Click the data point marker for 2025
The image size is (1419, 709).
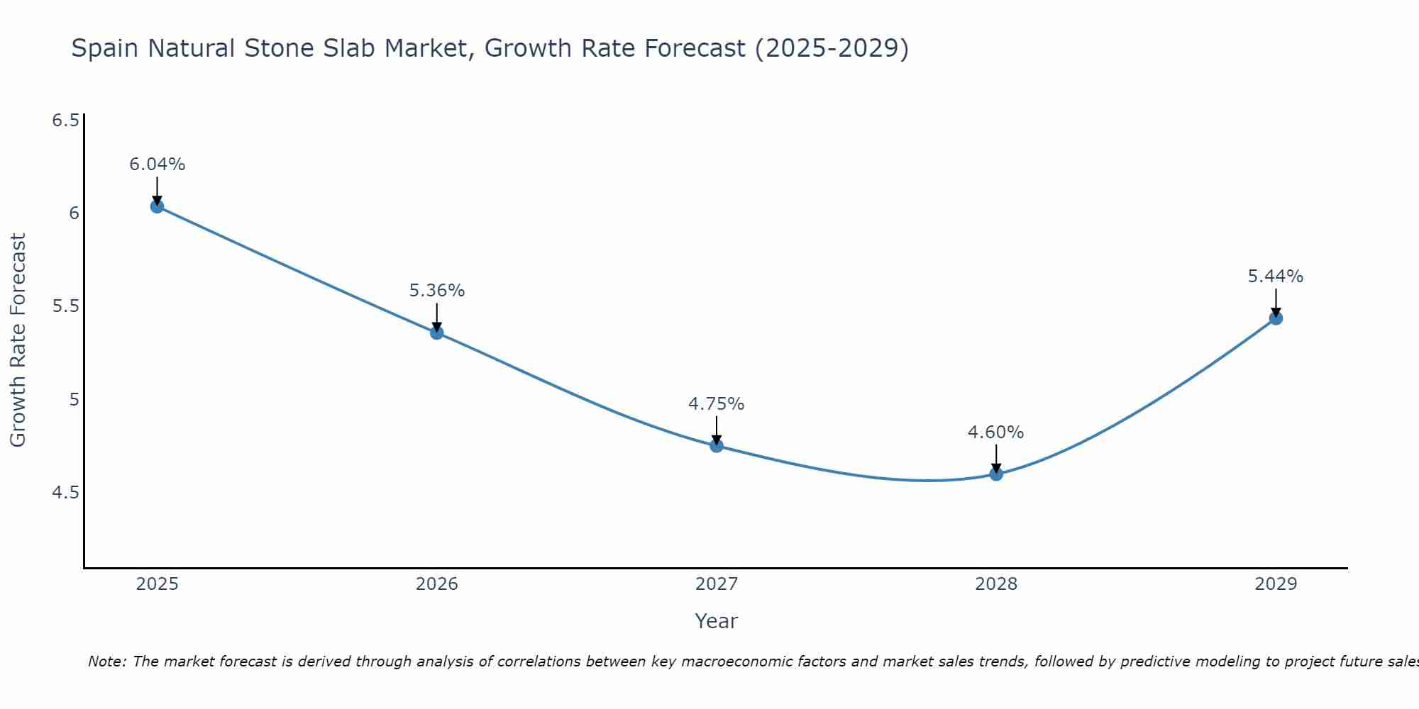(157, 206)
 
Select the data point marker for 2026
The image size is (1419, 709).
(436, 333)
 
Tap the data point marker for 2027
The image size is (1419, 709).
(717, 446)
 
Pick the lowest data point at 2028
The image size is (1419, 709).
(996, 474)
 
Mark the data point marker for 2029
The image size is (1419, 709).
(1276, 318)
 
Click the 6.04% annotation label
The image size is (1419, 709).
(157, 164)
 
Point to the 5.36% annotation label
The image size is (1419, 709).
(436, 291)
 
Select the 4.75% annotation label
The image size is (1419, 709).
(716, 404)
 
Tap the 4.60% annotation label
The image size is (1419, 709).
(995, 432)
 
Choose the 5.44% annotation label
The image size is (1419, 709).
(1275, 277)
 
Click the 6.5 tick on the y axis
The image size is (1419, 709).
(65, 121)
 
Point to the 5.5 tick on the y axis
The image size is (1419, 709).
(65, 306)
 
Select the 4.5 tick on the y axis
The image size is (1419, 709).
(65, 492)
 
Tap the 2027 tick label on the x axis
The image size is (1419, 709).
(716, 584)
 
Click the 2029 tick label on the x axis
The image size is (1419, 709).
(1275, 584)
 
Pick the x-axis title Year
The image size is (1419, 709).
(716, 621)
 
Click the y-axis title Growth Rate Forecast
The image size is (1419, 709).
(18, 340)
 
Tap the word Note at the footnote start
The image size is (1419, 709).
(106, 661)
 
